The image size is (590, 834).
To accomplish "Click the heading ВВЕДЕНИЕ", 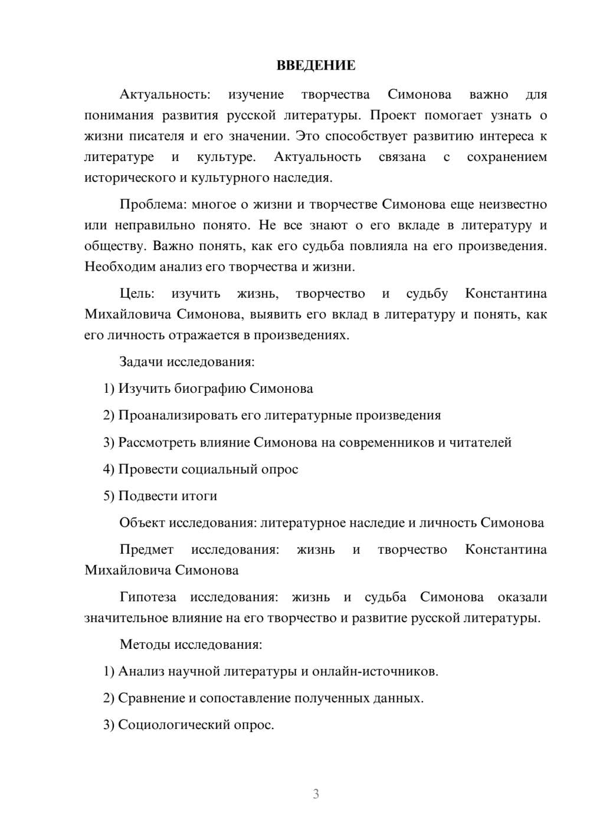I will tap(316, 65).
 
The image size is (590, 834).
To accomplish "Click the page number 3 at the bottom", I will tap(316, 794).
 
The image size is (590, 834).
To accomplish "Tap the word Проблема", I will tap(152, 205).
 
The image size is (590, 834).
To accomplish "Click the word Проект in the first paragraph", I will tap(393, 115).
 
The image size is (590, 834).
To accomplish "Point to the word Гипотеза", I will tap(147, 597).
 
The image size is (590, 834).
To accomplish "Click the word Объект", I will tap(142, 523).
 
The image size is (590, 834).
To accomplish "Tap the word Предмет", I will tap(146, 550).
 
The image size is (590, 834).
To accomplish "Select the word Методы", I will tap(142, 644).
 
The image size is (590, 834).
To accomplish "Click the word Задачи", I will tap(141, 362).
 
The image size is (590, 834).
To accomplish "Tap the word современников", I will tap(386, 442).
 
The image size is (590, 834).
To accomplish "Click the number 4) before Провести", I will tap(109, 469).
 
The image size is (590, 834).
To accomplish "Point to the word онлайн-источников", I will tap(375, 671).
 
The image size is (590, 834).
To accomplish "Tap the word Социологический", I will tap(171, 725).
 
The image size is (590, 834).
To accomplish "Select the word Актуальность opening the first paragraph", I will tap(165, 94).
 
